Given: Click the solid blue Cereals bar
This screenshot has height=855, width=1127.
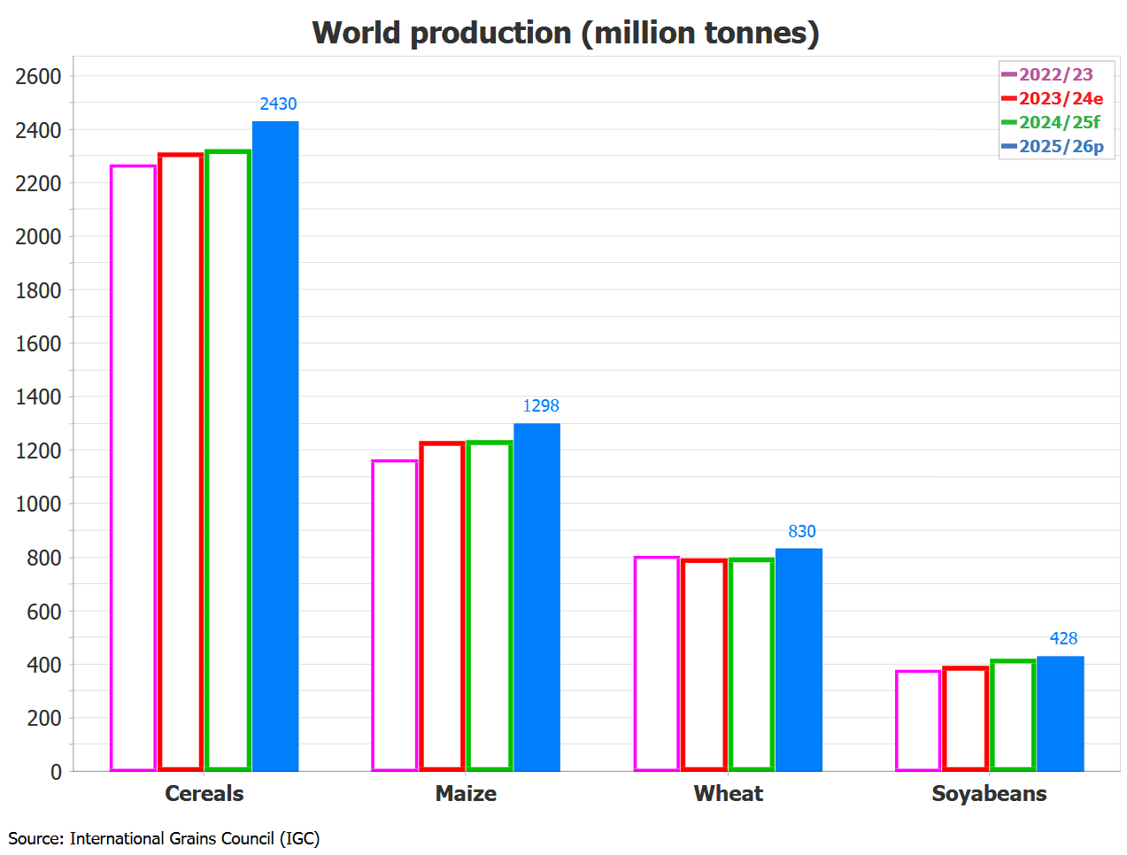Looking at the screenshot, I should (275, 446).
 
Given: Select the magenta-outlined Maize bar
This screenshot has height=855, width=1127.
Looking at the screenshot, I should (395, 615).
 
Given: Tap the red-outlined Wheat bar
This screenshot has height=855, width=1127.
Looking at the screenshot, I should (705, 665).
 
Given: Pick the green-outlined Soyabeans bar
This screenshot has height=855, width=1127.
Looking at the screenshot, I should (1013, 715).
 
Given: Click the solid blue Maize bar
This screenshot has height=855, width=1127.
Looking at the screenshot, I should (537, 597).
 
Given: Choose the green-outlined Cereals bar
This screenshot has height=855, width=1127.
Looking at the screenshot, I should (228, 460).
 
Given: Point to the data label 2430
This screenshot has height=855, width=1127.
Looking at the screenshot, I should (278, 104).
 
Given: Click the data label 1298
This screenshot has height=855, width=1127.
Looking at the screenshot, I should (541, 406).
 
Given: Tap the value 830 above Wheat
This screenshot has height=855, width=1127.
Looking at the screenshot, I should (802, 532).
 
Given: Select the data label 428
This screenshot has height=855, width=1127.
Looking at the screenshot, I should (1063, 639).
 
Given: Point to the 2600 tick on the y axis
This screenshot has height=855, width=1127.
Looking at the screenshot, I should (38, 77).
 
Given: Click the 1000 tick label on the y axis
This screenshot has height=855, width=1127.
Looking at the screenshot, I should (38, 505).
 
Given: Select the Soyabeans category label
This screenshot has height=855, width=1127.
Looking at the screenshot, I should (989, 794).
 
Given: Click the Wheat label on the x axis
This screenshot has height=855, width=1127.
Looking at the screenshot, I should (728, 794).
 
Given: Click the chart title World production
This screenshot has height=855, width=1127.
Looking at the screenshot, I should (566, 34).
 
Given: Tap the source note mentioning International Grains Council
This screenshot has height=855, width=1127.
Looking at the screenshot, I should (164, 838).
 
